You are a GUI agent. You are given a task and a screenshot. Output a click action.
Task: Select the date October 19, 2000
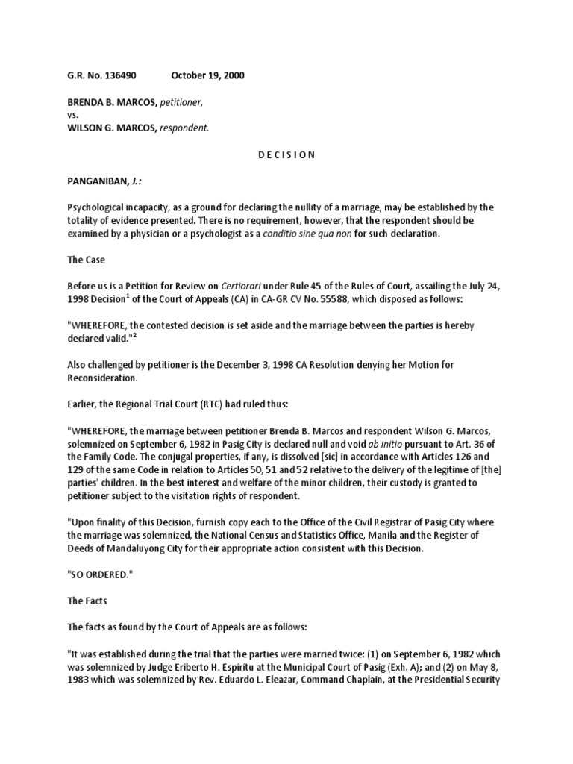click(x=207, y=75)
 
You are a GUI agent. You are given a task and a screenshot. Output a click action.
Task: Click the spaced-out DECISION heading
click(x=285, y=154)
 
